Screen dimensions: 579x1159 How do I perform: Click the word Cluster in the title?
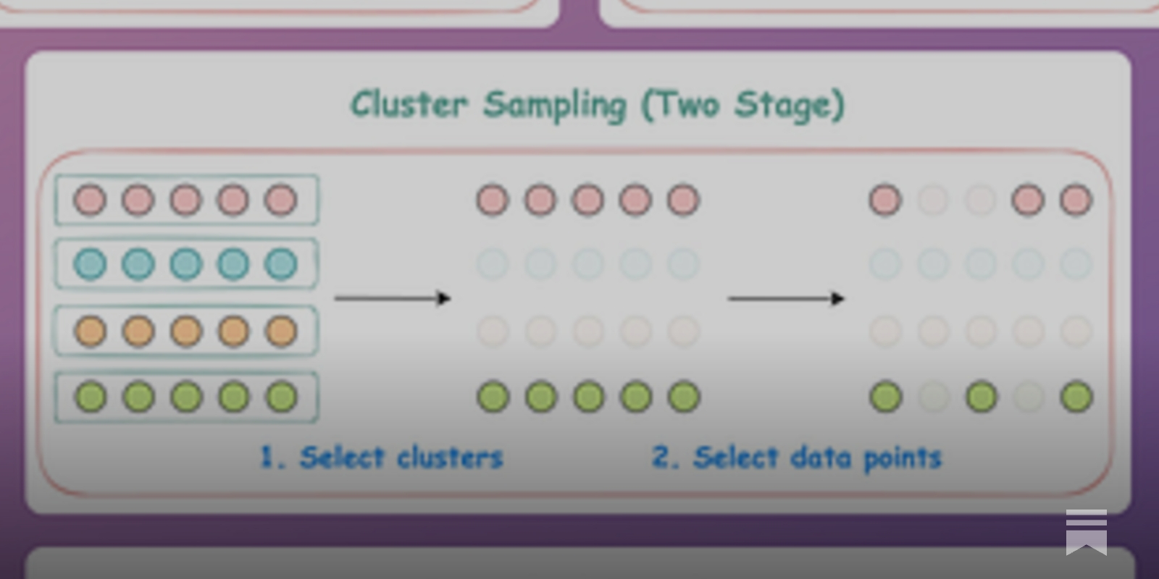click(x=409, y=104)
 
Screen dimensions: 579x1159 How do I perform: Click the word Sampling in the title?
click(x=555, y=106)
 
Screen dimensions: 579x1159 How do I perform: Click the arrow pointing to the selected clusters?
click(x=393, y=298)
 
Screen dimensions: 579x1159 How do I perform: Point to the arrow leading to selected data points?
click(x=786, y=298)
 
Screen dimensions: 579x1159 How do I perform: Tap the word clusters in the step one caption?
click(x=450, y=457)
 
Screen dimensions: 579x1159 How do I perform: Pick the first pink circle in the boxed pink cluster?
click(x=91, y=200)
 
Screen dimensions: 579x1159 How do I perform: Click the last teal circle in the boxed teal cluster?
click(x=281, y=264)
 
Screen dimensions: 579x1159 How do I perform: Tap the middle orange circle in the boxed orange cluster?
click(x=186, y=331)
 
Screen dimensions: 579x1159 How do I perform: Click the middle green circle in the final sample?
click(x=982, y=397)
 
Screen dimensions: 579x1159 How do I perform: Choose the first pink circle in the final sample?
click(x=885, y=200)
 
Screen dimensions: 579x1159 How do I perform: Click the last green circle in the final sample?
click(x=1076, y=397)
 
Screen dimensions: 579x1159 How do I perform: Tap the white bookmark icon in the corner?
click(x=1086, y=532)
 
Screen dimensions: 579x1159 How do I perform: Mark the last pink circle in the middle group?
click(x=683, y=200)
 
